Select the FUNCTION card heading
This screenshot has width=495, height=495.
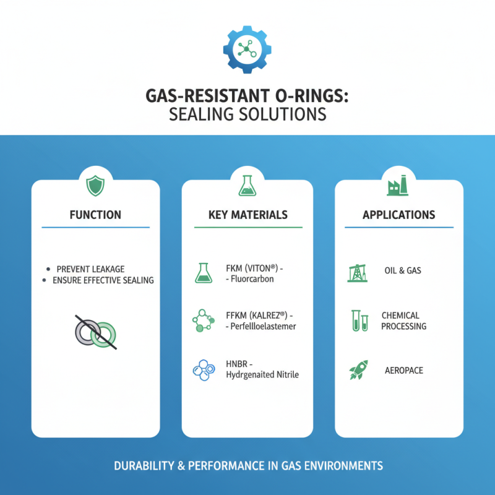(x=95, y=215)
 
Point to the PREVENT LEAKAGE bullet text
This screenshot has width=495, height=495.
(x=90, y=269)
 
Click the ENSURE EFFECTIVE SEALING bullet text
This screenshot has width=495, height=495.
(x=103, y=280)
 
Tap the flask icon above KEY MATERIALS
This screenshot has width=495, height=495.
(x=247, y=185)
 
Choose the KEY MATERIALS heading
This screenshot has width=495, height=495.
(x=247, y=215)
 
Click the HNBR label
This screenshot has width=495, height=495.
(x=231, y=364)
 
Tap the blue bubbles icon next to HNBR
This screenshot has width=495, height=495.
(x=204, y=369)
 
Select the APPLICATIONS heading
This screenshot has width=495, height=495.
(x=398, y=215)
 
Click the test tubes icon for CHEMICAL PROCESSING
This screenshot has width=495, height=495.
(x=359, y=321)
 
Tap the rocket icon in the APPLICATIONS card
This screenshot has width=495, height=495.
(x=358, y=369)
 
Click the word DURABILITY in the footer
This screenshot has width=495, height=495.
(x=144, y=465)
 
